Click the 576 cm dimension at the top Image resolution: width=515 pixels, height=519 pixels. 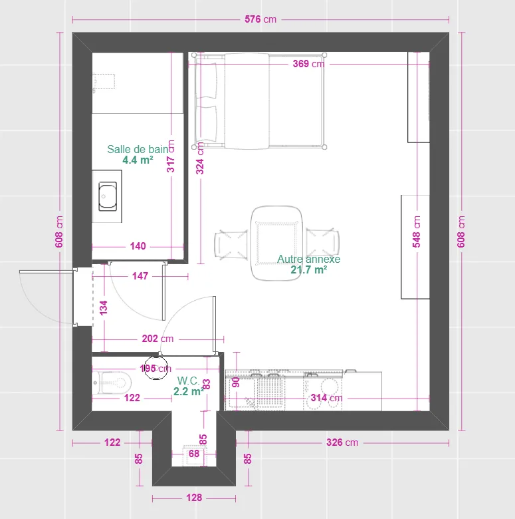pyautogui.click(x=260, y=19)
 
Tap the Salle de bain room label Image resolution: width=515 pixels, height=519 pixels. pyautogui.click(x=138, y=150)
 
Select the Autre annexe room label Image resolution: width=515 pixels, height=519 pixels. pyautogui.click(x=308, y=259)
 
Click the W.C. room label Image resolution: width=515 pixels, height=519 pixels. pyautogui.click(x=187, y=381)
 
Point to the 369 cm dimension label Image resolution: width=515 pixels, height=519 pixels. pyautogui.click(x=308, y=65)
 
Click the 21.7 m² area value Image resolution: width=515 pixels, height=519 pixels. pyautogui.click(x=308, y=270)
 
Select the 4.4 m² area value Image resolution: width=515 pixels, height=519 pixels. pyautogui.click(x=138, y=160)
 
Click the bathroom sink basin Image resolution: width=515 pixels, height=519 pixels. pyautogui.click(x=108, y=196)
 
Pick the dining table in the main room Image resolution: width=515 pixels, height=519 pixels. pyautogui.click(x=276, y=244)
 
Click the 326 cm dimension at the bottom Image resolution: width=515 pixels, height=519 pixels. pyautogui.click(x=342, y=442)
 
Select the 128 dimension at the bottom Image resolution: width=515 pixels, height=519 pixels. pyautogui.click(x=194, y=498)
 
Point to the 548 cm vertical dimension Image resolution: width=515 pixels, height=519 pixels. pyautogui.click(x=417, y=232)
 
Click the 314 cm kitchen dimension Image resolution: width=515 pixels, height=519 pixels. pyautogui.click(x=326, y=399)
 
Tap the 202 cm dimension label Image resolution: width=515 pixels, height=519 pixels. pyautogui.click(x=157, y=339)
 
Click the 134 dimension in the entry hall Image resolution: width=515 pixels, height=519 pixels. pyautogui.click(x=104, y=308)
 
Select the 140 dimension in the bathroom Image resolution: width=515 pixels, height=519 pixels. pyautogui.click(x=138, y=246)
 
